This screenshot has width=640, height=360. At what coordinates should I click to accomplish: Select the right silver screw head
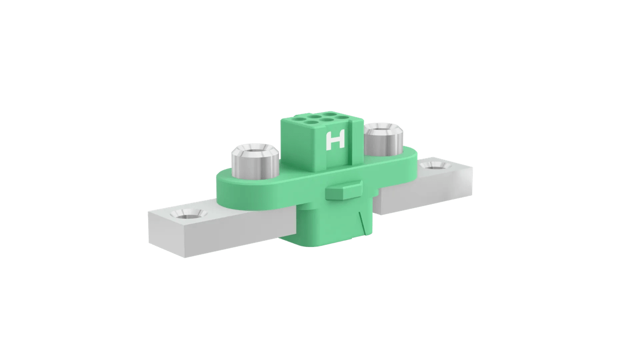click(x=383, y=139)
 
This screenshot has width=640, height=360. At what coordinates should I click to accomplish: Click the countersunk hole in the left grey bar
click(x=186, y=215)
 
